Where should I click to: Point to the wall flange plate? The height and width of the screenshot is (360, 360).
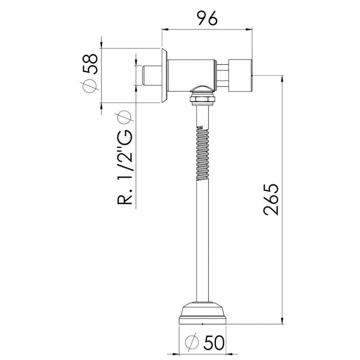164,76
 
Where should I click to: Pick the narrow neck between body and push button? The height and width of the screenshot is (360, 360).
222,76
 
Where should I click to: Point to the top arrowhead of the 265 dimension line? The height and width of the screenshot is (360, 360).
282,79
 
